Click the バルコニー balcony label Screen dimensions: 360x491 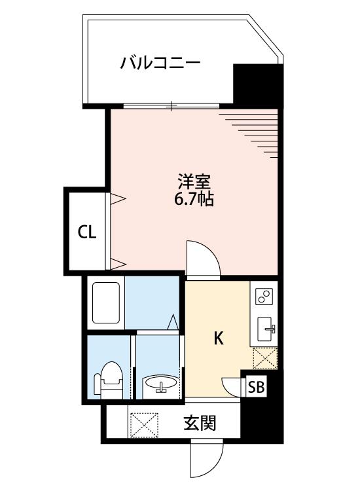(160, 64)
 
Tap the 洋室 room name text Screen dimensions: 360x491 (194, 181)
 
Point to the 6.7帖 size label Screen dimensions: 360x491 (194, 198)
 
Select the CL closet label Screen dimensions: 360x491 (86, 232)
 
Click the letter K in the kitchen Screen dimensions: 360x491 (219, 338)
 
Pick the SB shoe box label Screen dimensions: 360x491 (257, 387)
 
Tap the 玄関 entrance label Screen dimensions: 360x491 (200, 423)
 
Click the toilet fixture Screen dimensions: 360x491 (108, 380)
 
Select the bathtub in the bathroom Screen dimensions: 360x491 (106, 303)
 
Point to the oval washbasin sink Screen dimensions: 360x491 (160, 383)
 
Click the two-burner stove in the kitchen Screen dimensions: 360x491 (264, 297)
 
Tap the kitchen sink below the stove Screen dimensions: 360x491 (266, 329)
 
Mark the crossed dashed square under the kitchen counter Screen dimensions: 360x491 (265, 358)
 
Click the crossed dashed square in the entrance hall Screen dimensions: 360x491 (144, 425)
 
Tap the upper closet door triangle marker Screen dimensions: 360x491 (117, 198)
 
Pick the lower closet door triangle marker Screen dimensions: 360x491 (117, 264)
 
